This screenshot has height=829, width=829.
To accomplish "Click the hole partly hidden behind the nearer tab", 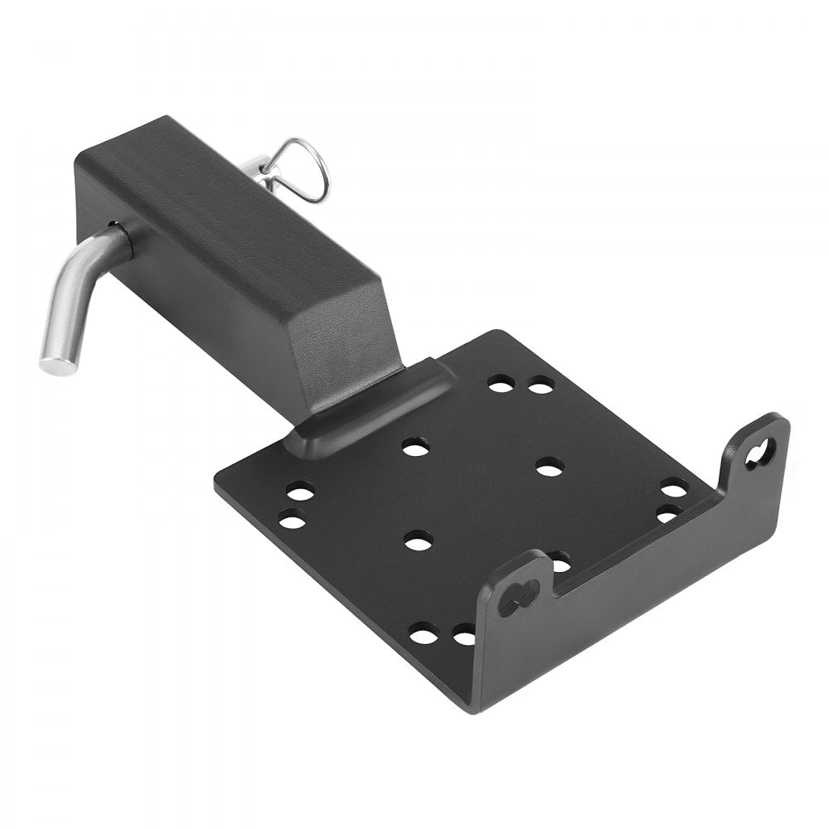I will coord(560,564).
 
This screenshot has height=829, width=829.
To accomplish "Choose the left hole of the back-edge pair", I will coord(500,384).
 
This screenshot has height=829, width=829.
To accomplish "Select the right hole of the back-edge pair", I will coord(541,385).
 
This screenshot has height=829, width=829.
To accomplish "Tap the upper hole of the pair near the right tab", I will coord(674,489).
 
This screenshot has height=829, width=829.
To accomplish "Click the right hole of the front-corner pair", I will coord(464,637).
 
